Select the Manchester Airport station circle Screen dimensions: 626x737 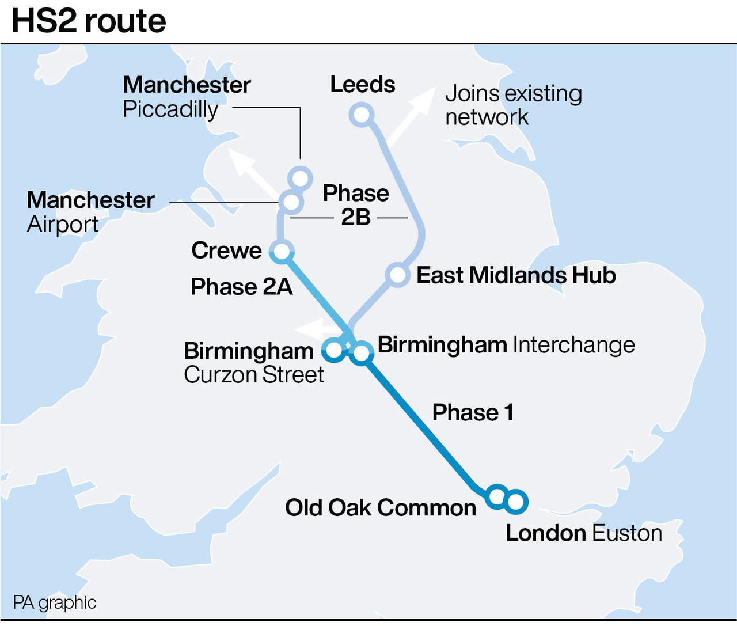pos(291,202)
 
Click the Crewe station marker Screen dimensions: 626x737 pos(282,252)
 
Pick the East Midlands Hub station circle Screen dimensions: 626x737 pos(397,275)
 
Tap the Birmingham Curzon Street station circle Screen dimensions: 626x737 pos(334,349)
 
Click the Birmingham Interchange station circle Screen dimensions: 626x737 pos(362,352)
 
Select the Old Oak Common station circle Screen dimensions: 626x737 pos(496,495)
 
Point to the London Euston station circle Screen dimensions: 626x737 pos(515,501)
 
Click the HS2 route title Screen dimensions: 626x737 pos(89,21)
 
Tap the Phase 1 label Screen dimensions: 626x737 pos(473,412)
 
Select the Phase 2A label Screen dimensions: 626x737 pos(242,286)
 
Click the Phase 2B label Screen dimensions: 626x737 pos(356,205)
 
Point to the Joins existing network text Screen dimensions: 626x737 pos(513,105)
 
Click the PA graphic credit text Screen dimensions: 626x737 pos(55,602)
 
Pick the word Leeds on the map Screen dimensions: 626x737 pos(363,85)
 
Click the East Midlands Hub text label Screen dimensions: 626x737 pos(516,275)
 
